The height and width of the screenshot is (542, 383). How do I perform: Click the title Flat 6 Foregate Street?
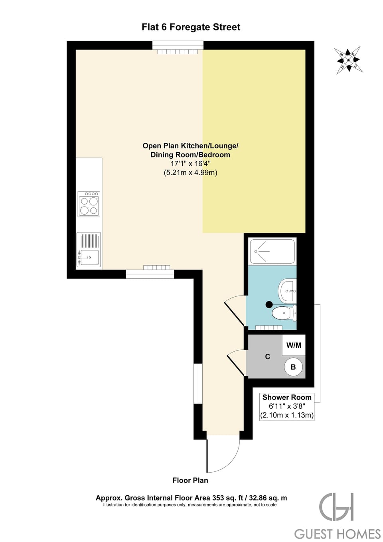coord(191,27)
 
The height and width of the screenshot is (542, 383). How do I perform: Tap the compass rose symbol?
coord(348,60)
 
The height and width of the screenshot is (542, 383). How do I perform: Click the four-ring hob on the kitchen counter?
coord(89,204)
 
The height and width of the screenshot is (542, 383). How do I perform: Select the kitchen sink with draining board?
coord(89,250)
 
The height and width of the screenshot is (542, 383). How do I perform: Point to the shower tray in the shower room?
coord(272,251)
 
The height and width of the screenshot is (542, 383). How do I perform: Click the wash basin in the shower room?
coord(288,291)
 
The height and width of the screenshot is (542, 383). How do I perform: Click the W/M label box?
coord(294,345)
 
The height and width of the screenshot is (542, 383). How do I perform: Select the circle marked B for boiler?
coord(293,367)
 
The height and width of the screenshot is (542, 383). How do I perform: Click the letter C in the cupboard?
coord(268,357)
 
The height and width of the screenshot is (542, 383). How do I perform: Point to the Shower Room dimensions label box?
coord(287,406)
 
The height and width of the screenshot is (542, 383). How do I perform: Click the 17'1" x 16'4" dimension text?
coord(190,164)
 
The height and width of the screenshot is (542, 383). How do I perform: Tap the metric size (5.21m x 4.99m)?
coord(190,173)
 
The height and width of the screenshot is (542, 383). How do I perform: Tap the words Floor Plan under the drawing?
coord(190,480)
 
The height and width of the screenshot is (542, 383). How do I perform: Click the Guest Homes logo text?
coord(338,534)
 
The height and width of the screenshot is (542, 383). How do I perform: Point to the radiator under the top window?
coord(178,52)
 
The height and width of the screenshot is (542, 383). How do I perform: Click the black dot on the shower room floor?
coord(269,305)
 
